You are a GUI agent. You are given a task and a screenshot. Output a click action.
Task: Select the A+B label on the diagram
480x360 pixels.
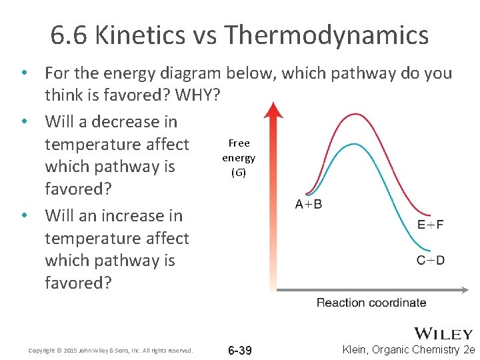pyautogui.click(x=309, y=204)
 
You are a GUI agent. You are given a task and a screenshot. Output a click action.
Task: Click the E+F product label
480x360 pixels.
pyautogui.click(x=431, y=225)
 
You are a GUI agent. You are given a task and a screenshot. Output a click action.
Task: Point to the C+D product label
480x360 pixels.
pyautogui.click(x=431, y=259)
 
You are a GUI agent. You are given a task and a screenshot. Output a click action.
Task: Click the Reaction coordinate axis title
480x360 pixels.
pyautogui.click(x=371, y=303)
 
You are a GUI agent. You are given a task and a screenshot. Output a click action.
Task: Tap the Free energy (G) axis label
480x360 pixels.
pyautogui.click(x=239, y=158)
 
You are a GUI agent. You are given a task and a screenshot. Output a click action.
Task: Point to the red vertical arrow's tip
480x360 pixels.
pyautogui.click(x=273, y=104)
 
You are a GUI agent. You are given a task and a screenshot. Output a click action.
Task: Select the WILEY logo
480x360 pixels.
pyautogui.click(x=443, y=333)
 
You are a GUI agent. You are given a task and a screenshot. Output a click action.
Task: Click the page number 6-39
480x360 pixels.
pyautogui.click(x=239, y=351)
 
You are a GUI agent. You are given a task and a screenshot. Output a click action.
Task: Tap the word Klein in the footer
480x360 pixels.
pyautogui.click(x=357, y=350)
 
